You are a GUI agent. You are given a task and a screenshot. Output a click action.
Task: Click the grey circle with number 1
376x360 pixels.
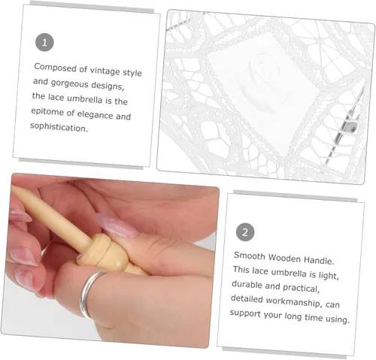(44, 42)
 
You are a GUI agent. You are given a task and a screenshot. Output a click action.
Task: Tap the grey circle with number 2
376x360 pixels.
(245, 232)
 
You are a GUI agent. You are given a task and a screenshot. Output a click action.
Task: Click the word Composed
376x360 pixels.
(56, 68)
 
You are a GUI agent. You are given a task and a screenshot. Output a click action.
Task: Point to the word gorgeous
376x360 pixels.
(69, 83)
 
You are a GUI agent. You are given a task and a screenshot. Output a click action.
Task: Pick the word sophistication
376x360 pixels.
(59, 127)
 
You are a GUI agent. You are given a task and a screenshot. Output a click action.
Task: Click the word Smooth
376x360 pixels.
(249, 256)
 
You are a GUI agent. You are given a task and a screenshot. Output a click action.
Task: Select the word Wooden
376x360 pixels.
(284, 258)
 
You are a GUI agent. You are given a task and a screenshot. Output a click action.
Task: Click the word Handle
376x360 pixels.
(319, 260)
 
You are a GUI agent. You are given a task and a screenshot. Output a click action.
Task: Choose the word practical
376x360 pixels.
(301, 288)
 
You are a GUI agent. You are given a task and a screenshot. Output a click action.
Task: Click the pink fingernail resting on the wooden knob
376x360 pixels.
(117, 227)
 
